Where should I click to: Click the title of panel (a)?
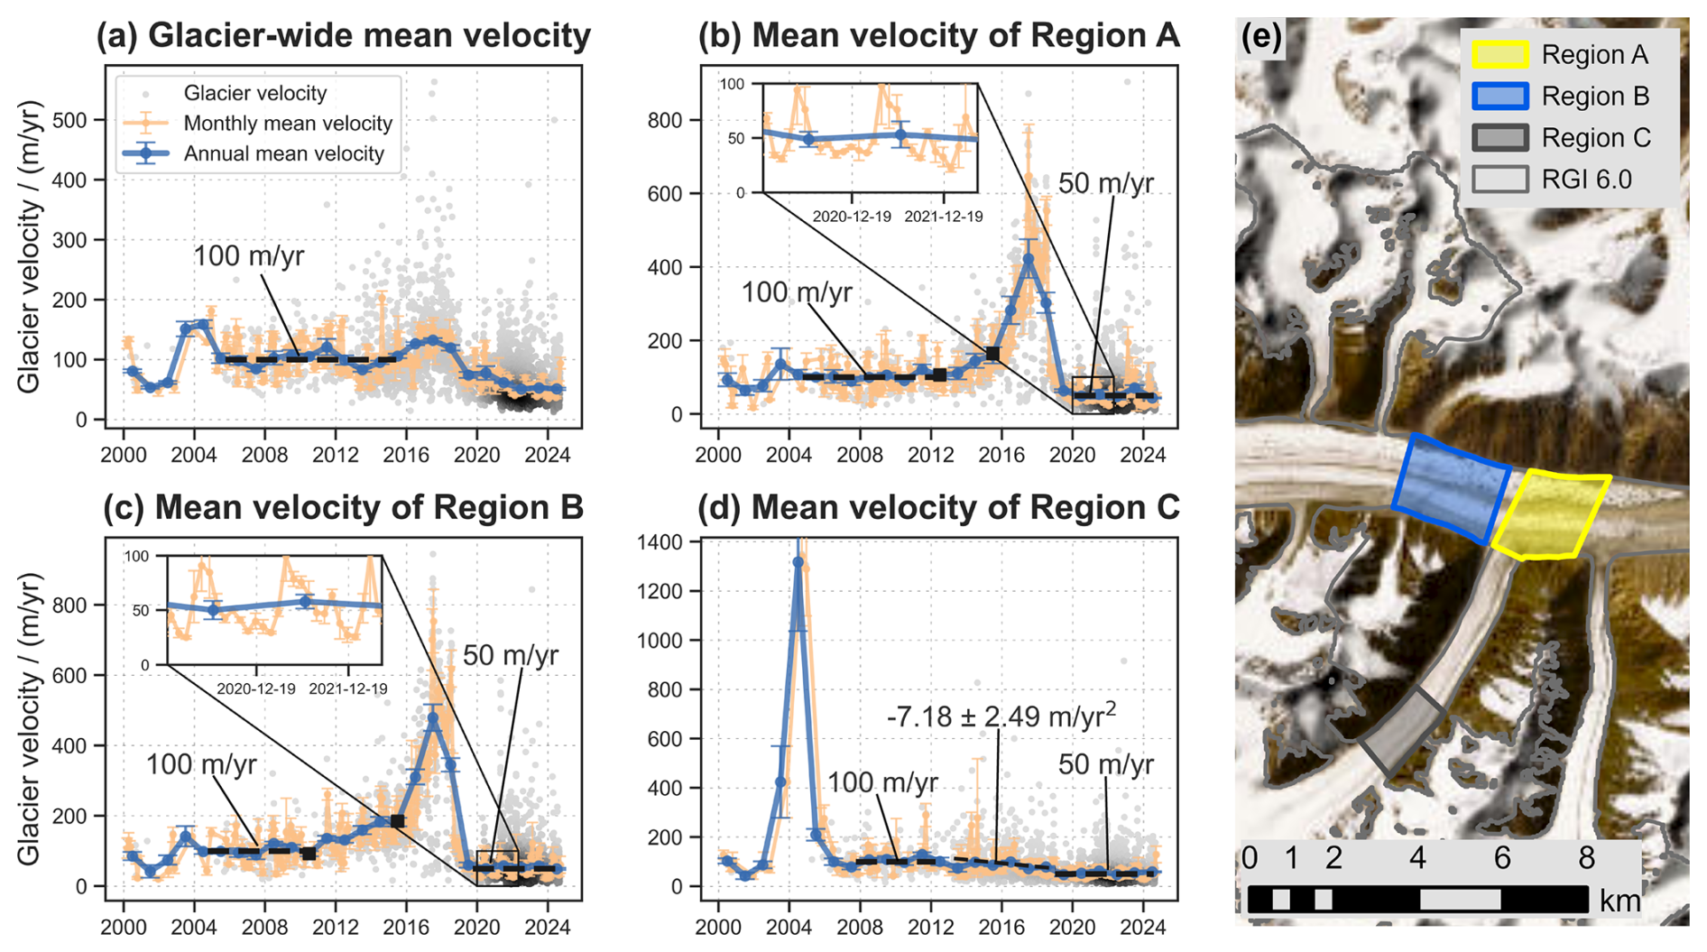click(343, 36)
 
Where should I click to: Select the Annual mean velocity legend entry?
click(283, 154)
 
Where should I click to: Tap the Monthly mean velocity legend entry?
click(287, 124)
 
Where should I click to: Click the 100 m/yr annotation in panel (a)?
click(248, 256)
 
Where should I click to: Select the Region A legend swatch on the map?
click(1499, 54)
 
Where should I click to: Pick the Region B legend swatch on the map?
click(1499, 96)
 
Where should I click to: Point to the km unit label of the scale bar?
click(1619, 900)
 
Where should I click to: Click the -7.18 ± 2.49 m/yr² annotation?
click(1001, 716)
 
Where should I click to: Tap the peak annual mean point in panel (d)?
click(798, 562)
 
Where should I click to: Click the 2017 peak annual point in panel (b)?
click(1029, 260)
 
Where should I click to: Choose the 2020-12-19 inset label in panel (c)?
click(256, 689)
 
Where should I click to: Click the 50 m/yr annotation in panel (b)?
click(1105, 184)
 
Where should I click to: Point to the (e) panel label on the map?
click(1260, 38)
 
